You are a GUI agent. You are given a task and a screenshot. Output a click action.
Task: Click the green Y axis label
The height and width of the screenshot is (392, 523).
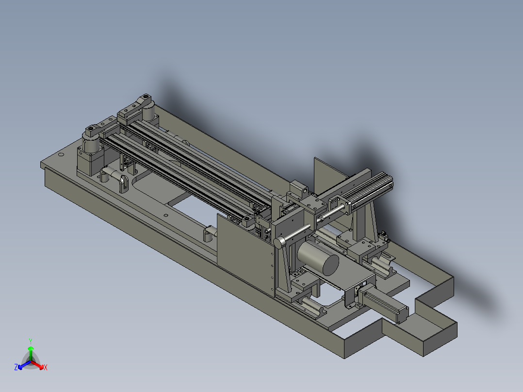[x=31, y=341]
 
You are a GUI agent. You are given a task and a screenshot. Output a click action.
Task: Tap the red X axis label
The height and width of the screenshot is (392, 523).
[x=46, y=368]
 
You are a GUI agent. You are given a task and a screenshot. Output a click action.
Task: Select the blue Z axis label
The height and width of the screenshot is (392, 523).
[x=16, y=368]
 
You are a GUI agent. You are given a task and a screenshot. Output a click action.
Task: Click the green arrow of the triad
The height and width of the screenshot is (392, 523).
[x=31, y=351]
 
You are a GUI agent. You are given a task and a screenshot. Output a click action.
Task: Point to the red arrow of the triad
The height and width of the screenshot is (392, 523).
[x=39, y=364]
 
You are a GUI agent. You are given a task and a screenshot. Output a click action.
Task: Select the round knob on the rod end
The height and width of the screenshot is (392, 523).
[x=279, y=242]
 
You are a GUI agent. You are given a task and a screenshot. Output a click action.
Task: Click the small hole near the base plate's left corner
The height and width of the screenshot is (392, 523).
[x=61, y=155]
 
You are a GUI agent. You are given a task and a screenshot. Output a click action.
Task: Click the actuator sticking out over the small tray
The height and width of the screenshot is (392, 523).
[x=386, y=303]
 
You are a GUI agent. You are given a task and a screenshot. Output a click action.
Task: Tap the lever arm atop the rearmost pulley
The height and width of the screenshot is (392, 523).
[x=137, y=106]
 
